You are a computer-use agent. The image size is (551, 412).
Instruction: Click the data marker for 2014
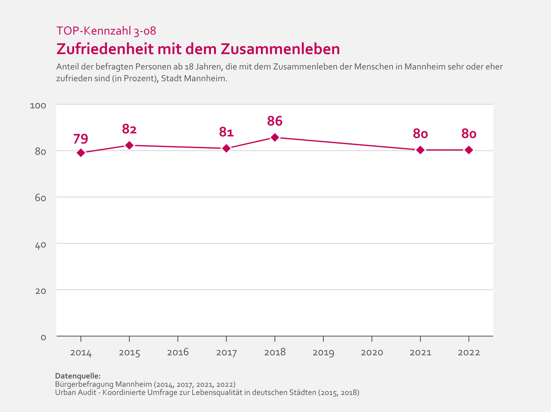(x=81, y=153)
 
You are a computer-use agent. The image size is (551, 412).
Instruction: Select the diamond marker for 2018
(x=275, y=137)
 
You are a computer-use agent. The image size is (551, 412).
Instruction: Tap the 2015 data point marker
(x=129, y=145)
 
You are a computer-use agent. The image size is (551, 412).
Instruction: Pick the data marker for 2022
(x=469, y=150)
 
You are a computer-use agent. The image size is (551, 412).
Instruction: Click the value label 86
(x=275, y=121)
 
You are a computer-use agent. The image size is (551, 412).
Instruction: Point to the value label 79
(x=81, y=138)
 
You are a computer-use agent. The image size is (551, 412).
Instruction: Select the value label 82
(x=129, y=129)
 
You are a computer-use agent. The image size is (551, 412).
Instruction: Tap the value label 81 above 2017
(x=226, y=132)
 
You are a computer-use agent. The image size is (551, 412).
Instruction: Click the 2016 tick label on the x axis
(x=178, y=352)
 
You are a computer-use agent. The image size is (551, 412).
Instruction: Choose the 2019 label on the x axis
(x=323, y=352)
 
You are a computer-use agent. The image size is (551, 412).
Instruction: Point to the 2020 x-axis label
(x=372, y=352)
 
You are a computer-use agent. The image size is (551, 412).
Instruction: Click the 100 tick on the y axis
(x=38, y=105)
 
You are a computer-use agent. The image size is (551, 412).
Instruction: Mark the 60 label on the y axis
(x=40, y=198)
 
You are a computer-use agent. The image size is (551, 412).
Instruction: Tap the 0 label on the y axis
(x=43, y=337)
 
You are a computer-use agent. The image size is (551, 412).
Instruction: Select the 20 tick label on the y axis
(x=40, y=291)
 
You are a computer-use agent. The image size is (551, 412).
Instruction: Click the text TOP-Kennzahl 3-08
(x=106, y=31)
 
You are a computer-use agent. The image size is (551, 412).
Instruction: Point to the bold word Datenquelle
(x=78, y=376)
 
